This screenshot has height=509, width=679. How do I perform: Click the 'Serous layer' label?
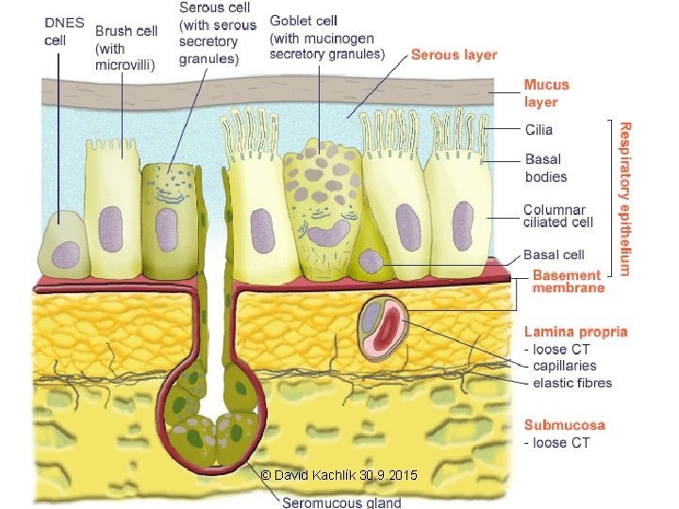454,56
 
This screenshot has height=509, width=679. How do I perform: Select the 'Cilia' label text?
538,130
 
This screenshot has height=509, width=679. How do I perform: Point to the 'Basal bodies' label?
546,168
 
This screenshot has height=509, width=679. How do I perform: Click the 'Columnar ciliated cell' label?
558,216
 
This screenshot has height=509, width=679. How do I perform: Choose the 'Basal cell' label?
554,254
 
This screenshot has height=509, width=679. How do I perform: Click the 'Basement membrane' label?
569,281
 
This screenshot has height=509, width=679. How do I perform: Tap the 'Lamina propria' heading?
575,332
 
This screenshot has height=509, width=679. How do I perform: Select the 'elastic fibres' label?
572,383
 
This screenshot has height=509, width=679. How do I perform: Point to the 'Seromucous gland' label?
342,501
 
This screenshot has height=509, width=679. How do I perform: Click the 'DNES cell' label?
63,31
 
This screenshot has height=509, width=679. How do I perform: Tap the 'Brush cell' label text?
125,31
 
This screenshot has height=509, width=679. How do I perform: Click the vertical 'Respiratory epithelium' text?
623,198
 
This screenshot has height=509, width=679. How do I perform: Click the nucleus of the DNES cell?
65,249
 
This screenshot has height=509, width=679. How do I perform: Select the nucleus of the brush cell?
112,228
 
